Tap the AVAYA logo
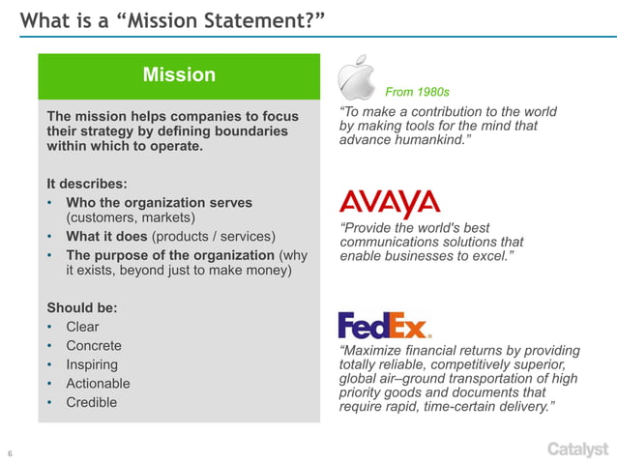pos(389,204)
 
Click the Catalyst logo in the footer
pos(577,448)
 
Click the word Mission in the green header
pos(179,75)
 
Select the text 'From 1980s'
pos(417,93)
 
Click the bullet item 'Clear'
pos(82,327)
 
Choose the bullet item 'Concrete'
pos(93,346)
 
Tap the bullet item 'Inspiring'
pos(92,364)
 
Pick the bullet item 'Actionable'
pos(98,384)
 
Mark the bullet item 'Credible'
pos(91,402)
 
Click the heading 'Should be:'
pos(82,308)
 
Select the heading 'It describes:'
pos(86,184)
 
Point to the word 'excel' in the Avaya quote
pos(488,258)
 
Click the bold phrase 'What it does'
pos(104,237)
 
